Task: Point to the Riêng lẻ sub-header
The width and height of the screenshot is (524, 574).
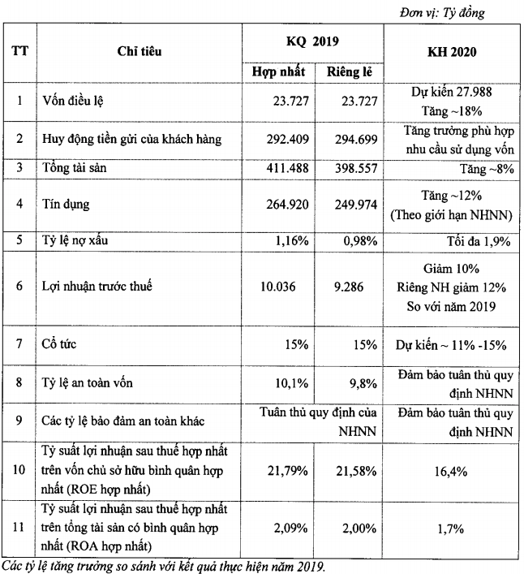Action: pyautogui.click(x=349, y=71)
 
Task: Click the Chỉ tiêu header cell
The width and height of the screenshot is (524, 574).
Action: pyautogui.click(x=140, y=51)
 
